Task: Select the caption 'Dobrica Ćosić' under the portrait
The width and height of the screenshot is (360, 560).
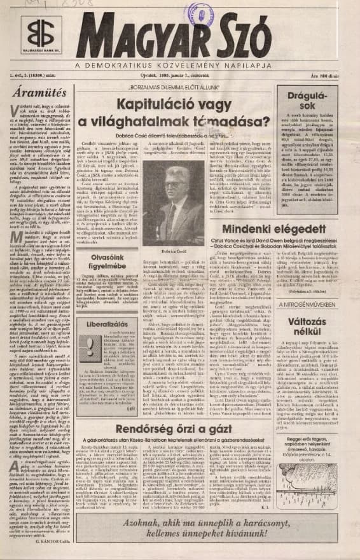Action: click(x=172, y=251)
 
